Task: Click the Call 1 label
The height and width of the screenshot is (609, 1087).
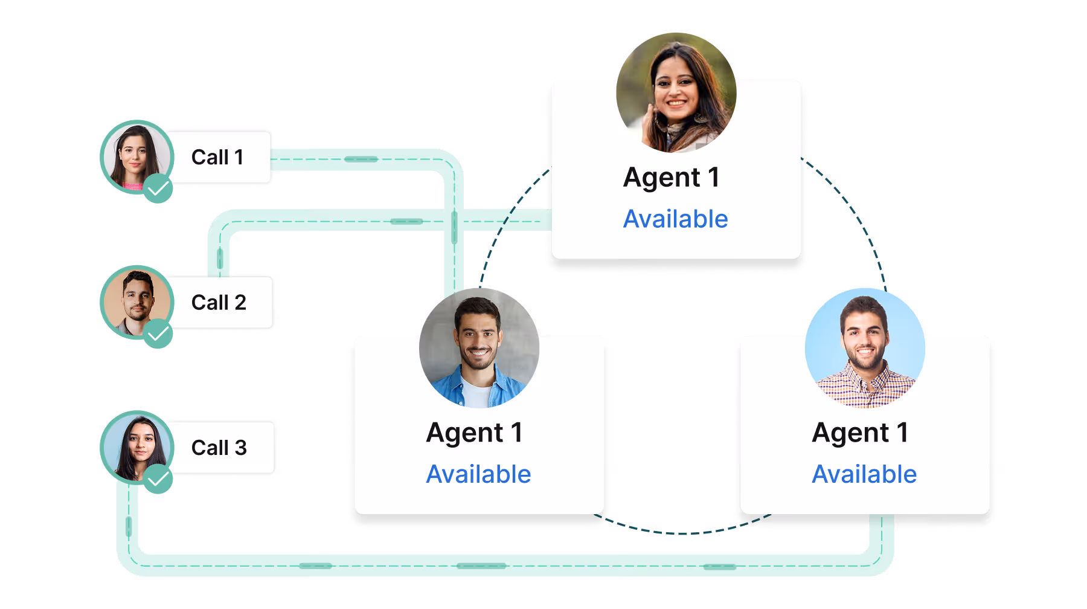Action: point(217,157)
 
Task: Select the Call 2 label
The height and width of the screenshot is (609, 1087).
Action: point(219,302)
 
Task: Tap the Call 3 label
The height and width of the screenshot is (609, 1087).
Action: point(219,448)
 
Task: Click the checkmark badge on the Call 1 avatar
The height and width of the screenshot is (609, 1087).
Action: point(158,188)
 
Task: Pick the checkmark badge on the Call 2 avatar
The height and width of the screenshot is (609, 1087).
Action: point(158,333)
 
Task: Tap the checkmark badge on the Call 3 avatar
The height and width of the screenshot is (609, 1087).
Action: point(158,479)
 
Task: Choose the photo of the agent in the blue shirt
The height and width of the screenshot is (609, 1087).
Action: point(478,344)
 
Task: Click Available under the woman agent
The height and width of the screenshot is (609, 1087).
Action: point(675,219)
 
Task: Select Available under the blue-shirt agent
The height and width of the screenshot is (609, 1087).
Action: point(478,474)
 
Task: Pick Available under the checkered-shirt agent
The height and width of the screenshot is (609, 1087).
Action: point(864,474)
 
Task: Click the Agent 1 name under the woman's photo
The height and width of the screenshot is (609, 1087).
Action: point(672,178)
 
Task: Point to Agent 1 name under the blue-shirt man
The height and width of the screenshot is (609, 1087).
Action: point(475,433)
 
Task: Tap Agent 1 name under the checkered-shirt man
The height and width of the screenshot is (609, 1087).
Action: point(861,433)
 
